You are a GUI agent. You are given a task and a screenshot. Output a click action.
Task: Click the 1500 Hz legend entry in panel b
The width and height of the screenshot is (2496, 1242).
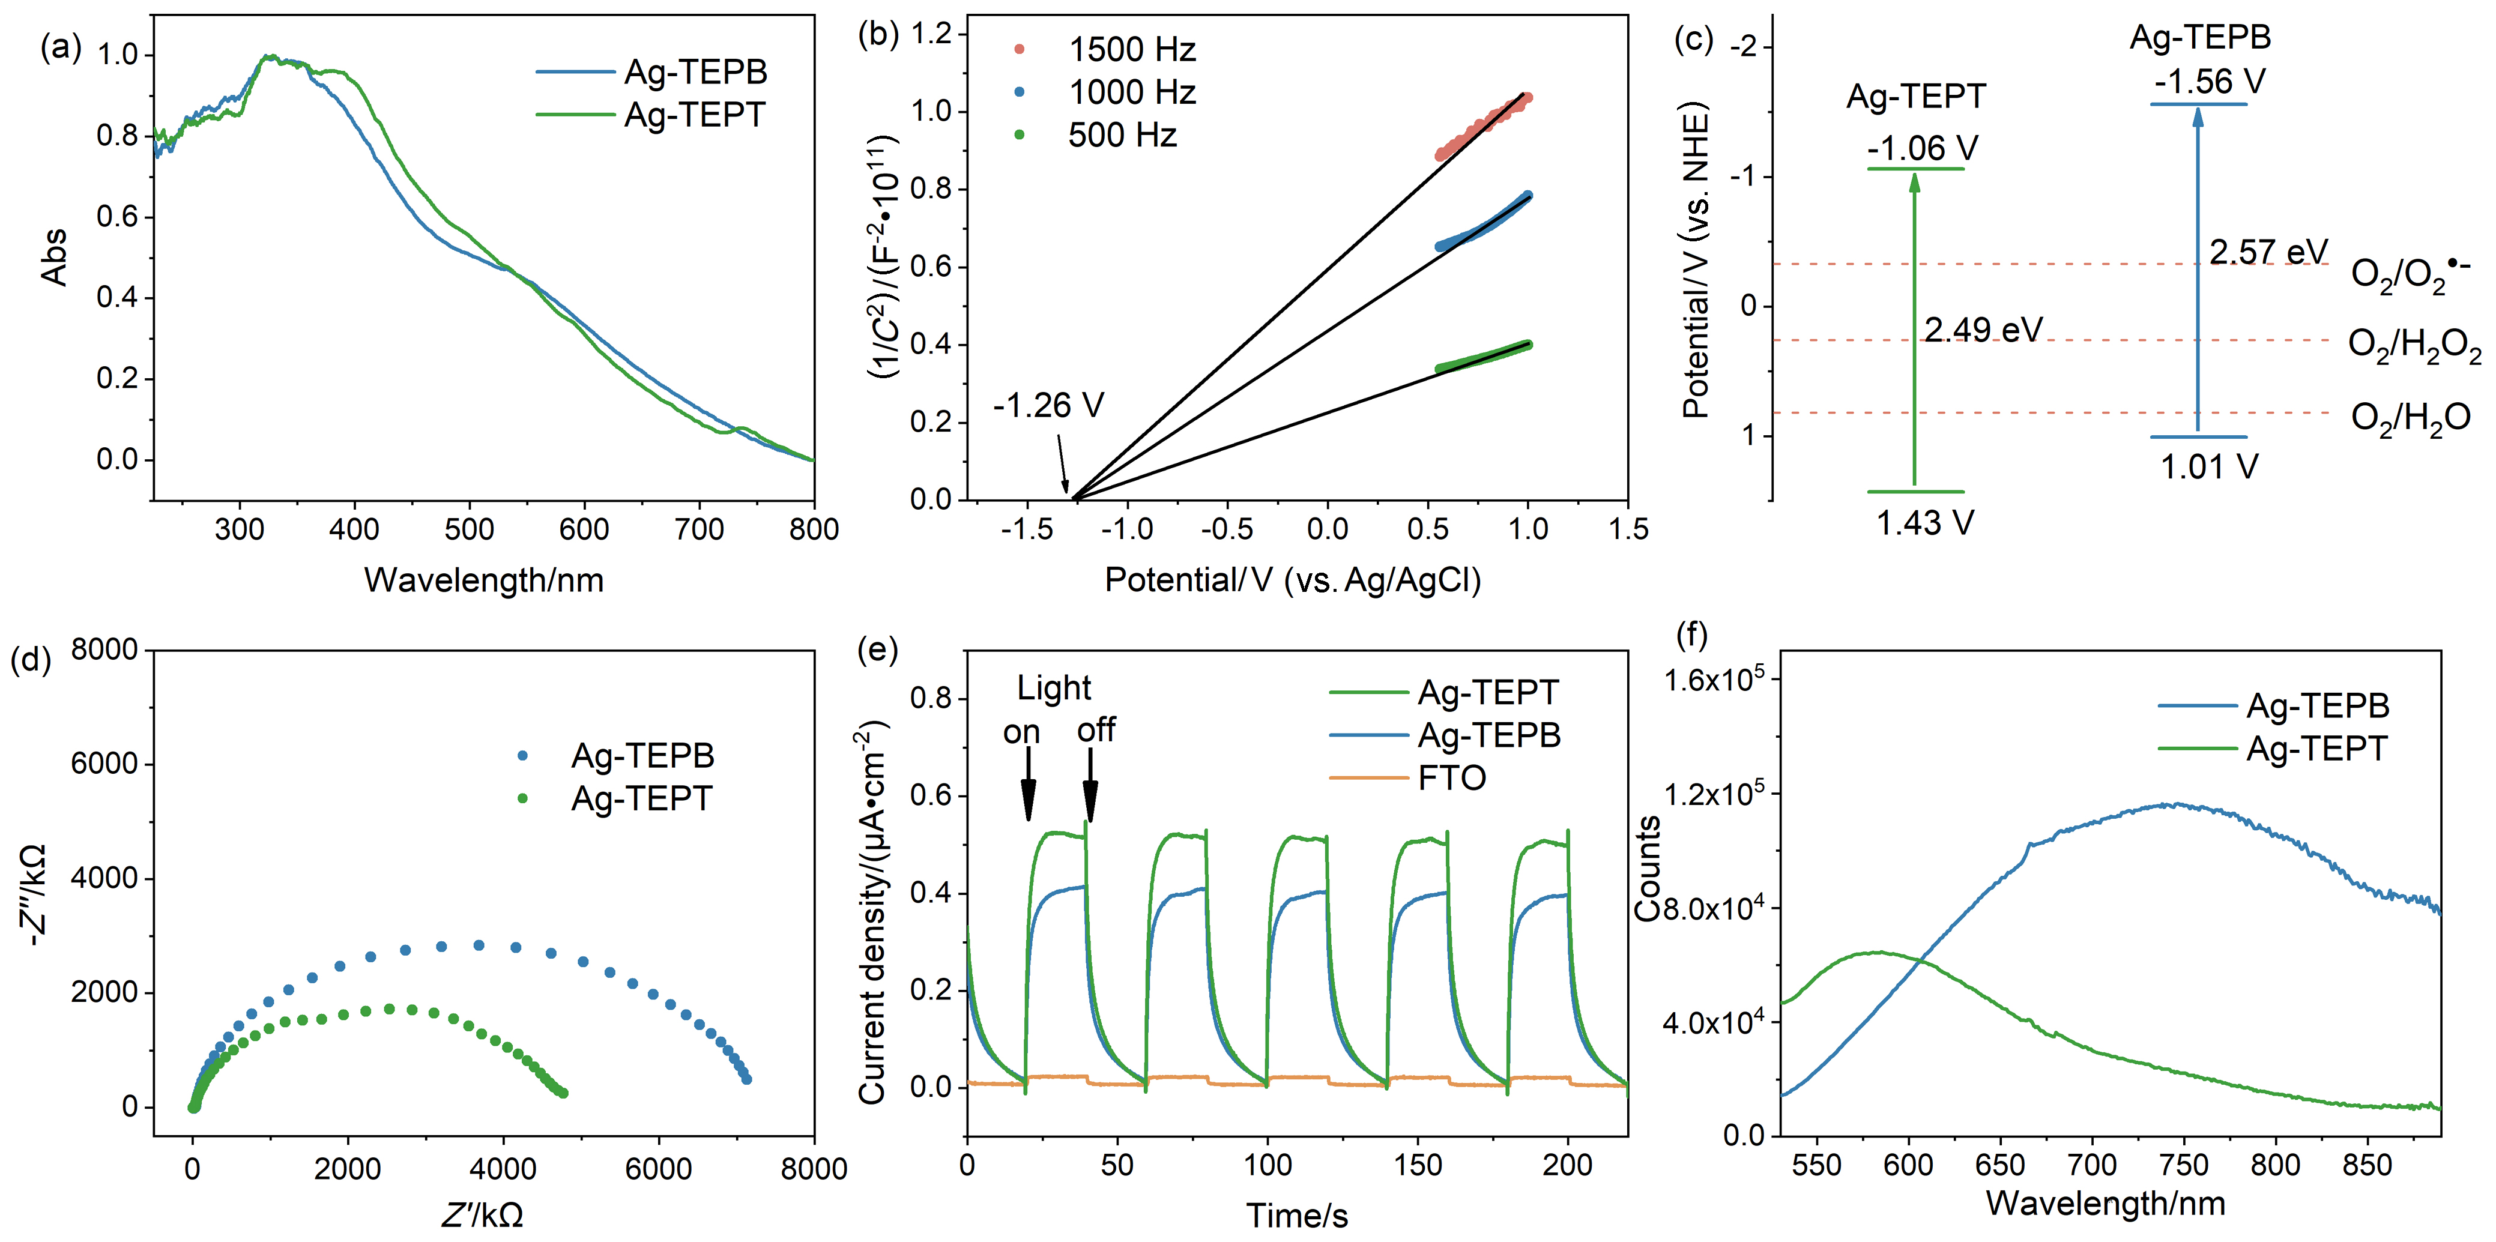click(x=1105, y=49)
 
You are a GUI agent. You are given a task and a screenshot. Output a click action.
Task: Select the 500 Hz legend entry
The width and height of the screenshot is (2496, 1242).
click(x=1095, y=134)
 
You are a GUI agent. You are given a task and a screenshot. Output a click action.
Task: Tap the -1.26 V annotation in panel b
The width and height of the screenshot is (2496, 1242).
click(x=1048, y=405)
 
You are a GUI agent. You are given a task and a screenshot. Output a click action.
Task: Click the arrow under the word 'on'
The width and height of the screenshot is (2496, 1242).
click(x=1028, y=786)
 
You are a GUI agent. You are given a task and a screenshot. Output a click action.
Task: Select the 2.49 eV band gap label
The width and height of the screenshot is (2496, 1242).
click(x=1983, y=330)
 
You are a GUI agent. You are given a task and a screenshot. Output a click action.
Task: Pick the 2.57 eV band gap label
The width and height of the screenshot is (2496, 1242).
click(x=2268, y=252)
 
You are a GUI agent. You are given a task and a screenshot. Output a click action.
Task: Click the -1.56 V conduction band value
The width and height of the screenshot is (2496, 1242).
click(x=2210, y=82)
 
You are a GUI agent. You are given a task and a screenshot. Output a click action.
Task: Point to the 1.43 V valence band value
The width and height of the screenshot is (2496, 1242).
click(x=1926, y=523)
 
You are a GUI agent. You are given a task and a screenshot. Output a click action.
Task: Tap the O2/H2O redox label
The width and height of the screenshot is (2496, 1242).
click(x=2411, y=418)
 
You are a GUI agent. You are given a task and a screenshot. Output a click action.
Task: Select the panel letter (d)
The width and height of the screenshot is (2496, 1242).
click(x=30, y=660)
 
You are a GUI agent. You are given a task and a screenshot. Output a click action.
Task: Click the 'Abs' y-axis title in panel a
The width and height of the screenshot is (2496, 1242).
click(x=54, y=257)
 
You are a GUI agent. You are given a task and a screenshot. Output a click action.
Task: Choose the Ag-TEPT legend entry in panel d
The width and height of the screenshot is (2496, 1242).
click(x=614, y=798)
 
